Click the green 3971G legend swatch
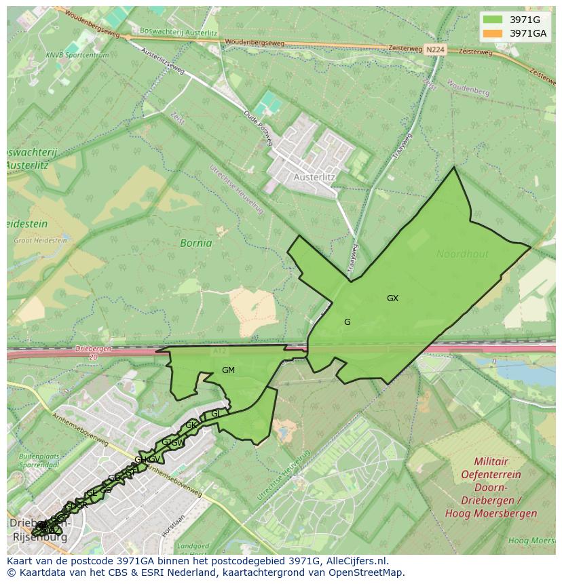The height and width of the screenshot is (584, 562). (493, 20)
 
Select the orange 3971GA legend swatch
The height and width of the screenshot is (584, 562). (493, 33)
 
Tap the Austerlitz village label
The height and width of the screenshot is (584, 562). (314, 177)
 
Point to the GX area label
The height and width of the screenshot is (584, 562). (392, 298)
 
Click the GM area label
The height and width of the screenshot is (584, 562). (228, 370)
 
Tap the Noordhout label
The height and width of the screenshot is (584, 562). (462, 254)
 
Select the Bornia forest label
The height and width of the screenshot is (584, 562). (195, 243)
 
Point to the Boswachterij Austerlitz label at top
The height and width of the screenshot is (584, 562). (178, 31)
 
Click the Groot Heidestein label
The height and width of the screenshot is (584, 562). (41, 240)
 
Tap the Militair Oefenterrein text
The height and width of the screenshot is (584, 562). (491, 467)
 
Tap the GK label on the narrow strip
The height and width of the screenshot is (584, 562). (191, 425)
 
